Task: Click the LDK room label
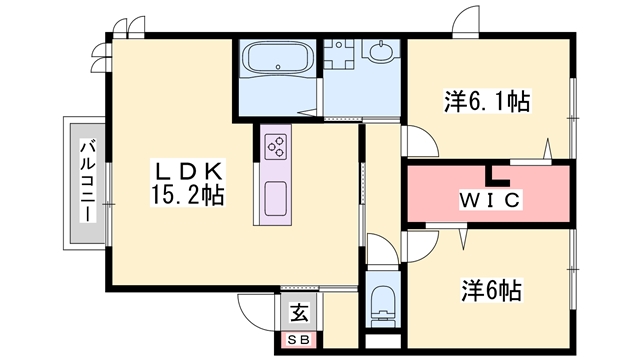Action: (x=188, y=172)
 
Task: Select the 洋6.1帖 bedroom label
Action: (x=487, y=102)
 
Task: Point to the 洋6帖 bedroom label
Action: (x=491, y=291)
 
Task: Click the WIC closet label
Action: (x=490, y=200)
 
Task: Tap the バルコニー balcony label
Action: (x=88, y=181)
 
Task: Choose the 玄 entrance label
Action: (x=299, y=313)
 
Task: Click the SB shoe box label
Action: (x=299, y=339)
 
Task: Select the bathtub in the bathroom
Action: (x=277, y=60)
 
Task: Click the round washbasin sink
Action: (x=382, y=51)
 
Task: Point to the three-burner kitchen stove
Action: (x=275, y=146)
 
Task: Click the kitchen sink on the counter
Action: (x=275, y=199)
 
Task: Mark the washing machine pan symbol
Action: (x=338, y=53)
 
